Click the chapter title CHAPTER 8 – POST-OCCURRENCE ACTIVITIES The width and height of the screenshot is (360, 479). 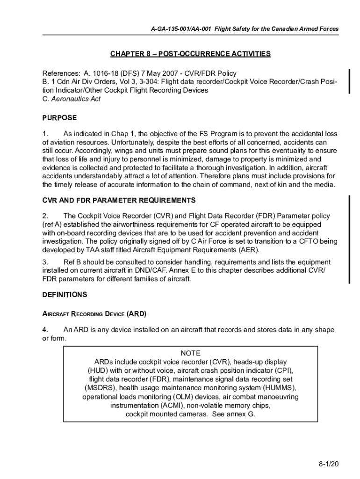190,54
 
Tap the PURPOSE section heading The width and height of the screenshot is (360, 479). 59,118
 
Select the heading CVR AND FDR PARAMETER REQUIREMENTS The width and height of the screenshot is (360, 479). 119,200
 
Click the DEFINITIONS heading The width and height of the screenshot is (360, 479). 65,295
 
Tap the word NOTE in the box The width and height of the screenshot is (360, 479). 190,353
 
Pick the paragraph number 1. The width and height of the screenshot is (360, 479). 45,134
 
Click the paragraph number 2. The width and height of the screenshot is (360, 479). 45,216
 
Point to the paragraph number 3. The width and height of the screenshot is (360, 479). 45,262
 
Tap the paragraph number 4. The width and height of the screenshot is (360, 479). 45,330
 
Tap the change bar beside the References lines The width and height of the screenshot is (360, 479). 348,81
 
